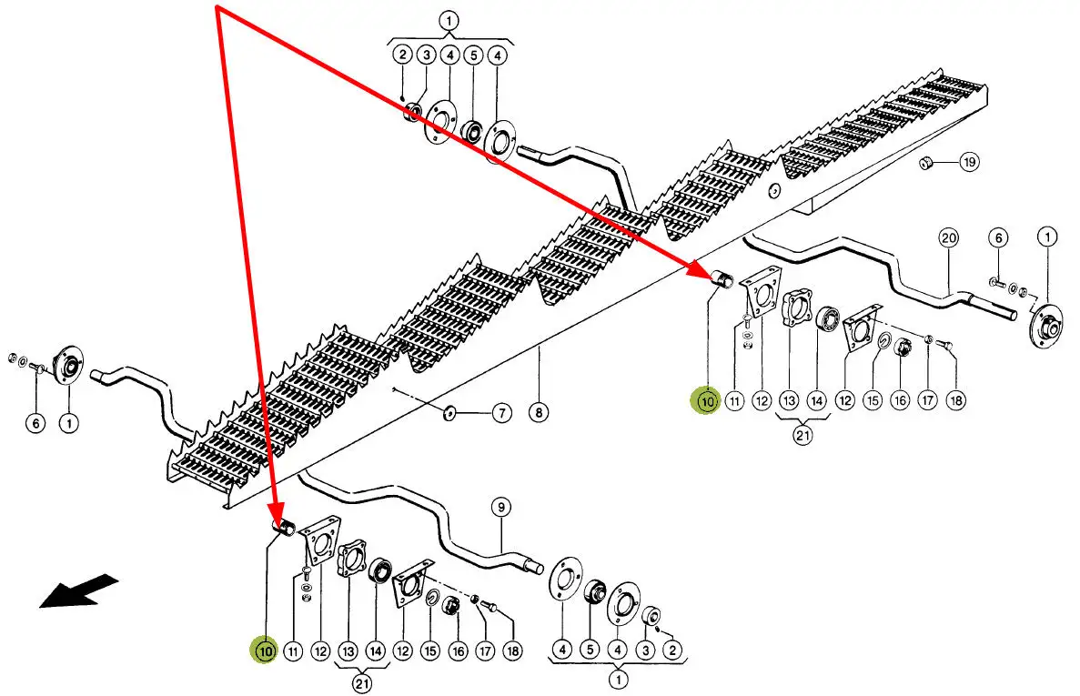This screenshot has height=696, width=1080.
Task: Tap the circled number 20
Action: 949,238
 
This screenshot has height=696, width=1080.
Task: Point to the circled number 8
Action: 539,413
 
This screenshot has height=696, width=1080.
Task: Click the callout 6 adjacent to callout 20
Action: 997,238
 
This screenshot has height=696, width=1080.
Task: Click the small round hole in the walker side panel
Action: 773,191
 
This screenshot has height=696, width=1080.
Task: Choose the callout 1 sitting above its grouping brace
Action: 449,19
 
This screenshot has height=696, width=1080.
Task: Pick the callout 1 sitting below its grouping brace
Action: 619,679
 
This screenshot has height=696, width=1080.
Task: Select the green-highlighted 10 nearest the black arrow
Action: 265,651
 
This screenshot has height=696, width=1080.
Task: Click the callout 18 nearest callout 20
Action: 954,399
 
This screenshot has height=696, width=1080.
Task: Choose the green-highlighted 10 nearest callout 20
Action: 707,400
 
